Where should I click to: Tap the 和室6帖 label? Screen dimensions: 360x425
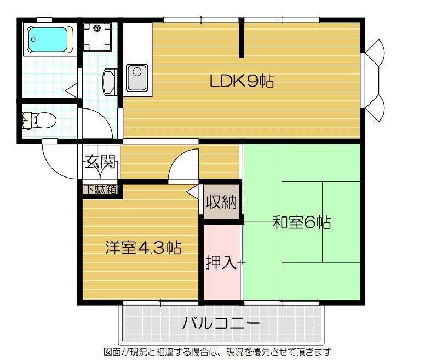(301, 222)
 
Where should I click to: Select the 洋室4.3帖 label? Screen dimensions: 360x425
(143, 248)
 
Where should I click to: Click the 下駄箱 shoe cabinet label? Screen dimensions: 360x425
(100, 190)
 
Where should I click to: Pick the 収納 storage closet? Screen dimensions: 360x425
(221, 203)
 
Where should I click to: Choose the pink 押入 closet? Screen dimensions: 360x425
(221, 262)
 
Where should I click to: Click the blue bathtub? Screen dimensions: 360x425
(48, 40)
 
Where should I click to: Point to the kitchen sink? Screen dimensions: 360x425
(136, 77)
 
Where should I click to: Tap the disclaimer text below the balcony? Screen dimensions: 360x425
(217, 351)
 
